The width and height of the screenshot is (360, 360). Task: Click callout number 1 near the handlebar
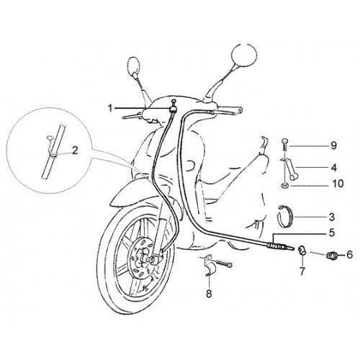click(x=110, y=109)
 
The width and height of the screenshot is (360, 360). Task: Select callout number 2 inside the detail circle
click(x=75, y=150)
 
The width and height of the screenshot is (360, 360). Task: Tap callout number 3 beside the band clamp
click(x=331, y=217)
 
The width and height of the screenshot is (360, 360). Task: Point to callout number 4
click(x=333, y=168)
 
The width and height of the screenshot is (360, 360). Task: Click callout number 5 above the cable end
click(x=332, y=233)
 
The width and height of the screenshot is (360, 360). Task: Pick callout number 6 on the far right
click(x=349, y=254)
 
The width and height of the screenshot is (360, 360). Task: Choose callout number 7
click(x=302, y=271)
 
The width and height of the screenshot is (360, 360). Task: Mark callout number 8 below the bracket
click(x=209, y=293)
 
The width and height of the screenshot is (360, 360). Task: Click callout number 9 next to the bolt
click(x=333, y=145)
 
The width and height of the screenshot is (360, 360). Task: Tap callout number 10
click(x=338, y=184)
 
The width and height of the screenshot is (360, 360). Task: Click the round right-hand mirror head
click(x=244, y=55)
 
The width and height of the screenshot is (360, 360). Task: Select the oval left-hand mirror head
click(x=133, y=66)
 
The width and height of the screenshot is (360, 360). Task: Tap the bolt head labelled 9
click(x=284, y=141)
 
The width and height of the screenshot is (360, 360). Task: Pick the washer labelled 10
click(x=284, y=185)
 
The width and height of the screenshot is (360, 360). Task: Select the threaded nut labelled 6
click(x=331, y=255)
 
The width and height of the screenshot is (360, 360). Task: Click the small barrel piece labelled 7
click(x=302, y=250)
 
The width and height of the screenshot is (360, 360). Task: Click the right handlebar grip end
click(x=240, y=110)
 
